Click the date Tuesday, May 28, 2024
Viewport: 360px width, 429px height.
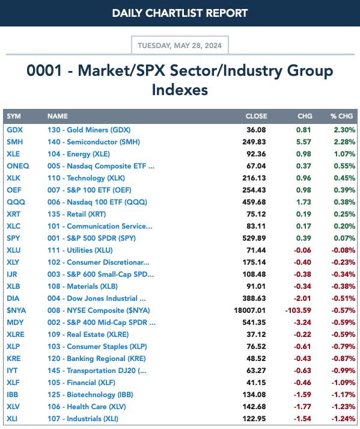point(180,45)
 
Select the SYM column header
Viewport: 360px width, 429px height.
point(14,116)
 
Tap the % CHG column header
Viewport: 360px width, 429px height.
point(341,116)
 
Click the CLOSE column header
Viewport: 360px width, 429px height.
point(256,116)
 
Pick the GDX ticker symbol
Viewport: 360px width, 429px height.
point(15,130)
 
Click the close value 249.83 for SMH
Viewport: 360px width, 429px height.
point(254,142)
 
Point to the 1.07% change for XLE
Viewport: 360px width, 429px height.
point(344,154)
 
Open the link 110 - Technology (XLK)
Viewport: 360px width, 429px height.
point(86,178)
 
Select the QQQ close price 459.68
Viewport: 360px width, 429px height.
point(254,202)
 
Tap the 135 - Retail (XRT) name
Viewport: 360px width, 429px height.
point(76,214)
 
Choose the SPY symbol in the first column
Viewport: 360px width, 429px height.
point(13,238)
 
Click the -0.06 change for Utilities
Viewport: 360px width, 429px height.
point(302,250)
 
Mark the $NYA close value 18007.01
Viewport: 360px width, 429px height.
point(250,310)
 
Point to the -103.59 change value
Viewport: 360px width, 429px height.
point(298,310)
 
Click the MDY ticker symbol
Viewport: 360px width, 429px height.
point(15,323)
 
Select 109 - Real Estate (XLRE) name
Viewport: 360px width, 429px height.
point(88,335)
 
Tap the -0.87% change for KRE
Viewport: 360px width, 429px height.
point(343,359)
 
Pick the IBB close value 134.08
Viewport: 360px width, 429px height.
point(254,395)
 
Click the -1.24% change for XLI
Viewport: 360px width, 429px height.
point(343,419)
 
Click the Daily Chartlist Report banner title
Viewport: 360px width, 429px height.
point(180,13)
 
